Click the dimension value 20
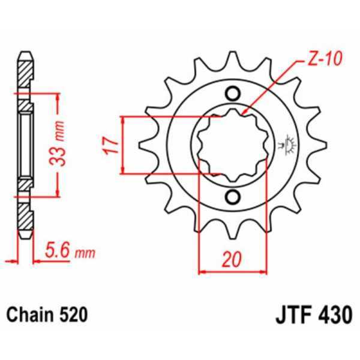[232, 259]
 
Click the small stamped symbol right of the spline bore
[287, 145]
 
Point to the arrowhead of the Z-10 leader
[248, 113]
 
